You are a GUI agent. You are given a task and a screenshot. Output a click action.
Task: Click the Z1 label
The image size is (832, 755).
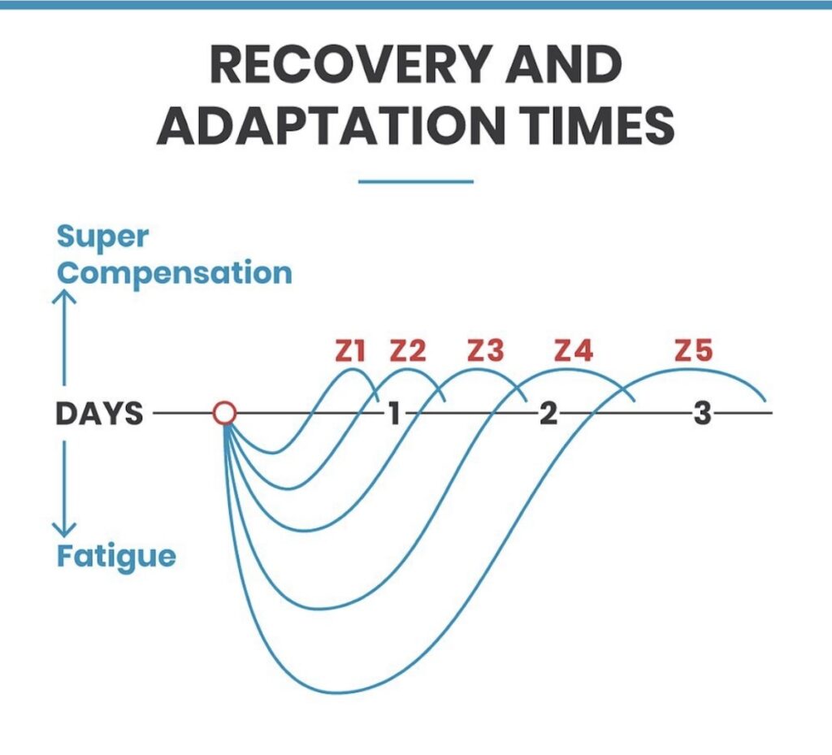point(350,351)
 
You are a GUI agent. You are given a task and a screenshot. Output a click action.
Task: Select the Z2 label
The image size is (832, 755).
point(408,351)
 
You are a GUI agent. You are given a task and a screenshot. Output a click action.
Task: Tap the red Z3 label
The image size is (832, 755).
point(486,351)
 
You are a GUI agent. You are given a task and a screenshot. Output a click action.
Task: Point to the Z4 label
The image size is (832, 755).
point(573,351)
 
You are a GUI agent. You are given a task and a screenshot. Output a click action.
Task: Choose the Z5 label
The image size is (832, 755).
point(694,351)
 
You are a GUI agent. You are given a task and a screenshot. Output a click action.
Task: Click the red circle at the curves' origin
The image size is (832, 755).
point(224,414)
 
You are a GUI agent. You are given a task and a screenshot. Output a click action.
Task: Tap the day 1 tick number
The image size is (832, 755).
point(393,414)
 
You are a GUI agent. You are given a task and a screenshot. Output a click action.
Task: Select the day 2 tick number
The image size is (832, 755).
point(548,414)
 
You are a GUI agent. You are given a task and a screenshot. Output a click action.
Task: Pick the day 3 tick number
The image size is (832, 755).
point(702,414)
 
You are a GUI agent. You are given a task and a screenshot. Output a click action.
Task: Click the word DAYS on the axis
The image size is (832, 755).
point(99,414)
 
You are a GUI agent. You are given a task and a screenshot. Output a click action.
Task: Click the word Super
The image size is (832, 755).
point(102,237)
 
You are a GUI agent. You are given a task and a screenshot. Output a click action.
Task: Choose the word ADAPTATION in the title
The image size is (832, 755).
point(331,126)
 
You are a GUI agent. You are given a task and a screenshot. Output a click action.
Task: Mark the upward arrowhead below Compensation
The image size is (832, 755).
point(64,296)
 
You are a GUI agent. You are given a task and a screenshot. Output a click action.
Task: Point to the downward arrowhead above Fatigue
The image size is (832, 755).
point(64,529)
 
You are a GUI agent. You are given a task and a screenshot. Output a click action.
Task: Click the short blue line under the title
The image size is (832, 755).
point(415,181)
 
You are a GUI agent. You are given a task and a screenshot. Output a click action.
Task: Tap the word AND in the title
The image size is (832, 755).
point(563,64)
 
